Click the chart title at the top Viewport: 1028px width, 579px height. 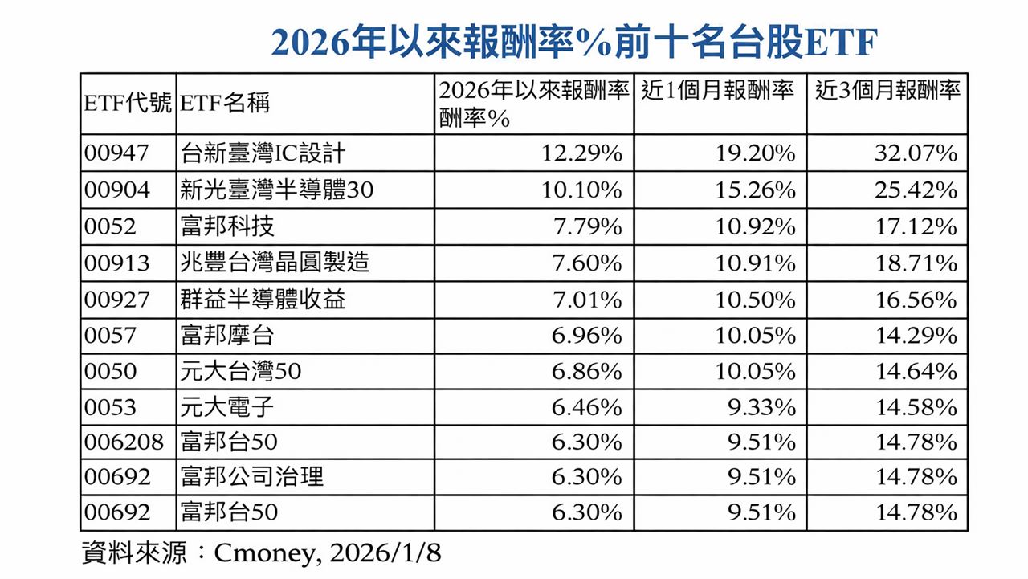click(573, 42)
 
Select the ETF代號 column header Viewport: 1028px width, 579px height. click(128, 104)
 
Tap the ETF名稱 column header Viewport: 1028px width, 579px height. click(226, 104)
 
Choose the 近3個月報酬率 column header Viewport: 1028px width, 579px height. click(887, 91)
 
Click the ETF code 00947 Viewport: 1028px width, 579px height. click(117, 153)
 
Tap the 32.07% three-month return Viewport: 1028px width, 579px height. click(916, 153)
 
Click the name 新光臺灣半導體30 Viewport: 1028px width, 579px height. click(277, 190)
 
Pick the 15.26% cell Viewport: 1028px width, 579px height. click(755, 190)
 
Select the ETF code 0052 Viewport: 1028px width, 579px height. click(111, 226)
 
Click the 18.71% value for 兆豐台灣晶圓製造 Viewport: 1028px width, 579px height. click(916, 263)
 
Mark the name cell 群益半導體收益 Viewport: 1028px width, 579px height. click(263, 300)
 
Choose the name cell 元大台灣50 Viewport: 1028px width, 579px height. click(241, 372)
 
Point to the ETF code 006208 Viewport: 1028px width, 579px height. click(124, 442)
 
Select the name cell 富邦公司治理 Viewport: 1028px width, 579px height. click(252, 477)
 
